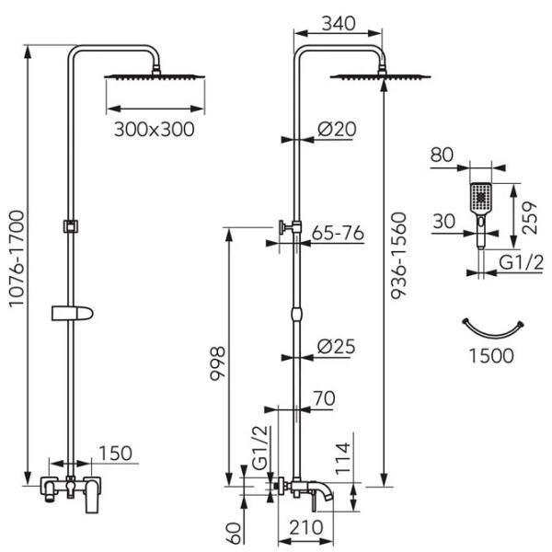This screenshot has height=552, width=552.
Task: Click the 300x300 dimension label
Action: [x=155, y=129]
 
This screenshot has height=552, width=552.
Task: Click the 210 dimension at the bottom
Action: [x=298, y=531]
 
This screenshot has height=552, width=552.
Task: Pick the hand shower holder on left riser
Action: [x=73, y=312]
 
